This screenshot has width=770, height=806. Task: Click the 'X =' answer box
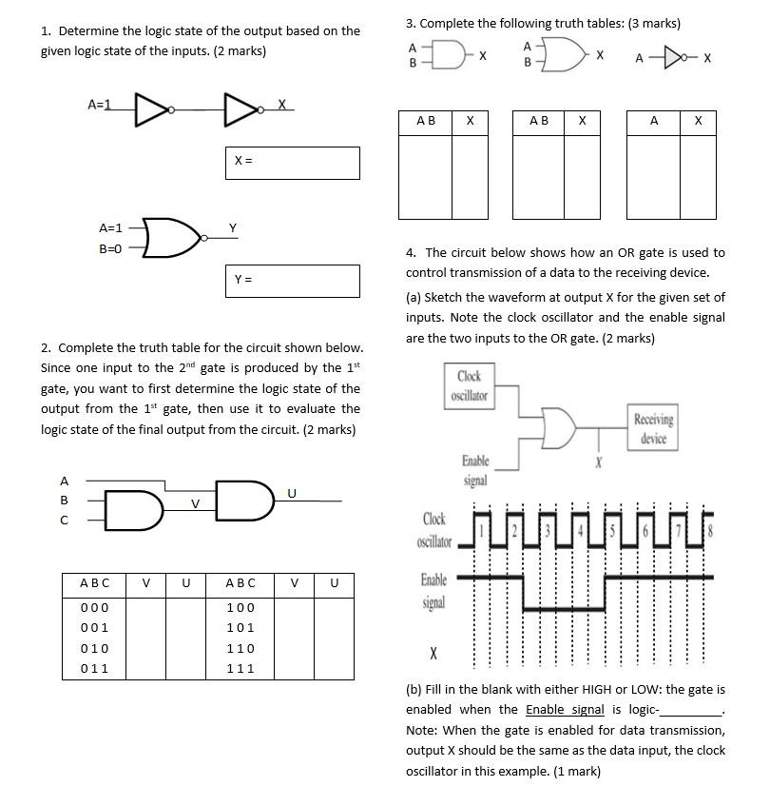(292, 163)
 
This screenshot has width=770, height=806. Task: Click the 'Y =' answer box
(292, 281)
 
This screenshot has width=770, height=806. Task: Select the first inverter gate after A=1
(153, 109)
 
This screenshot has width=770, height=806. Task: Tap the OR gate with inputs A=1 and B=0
(171, 238)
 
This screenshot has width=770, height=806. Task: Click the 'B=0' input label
(111, 248)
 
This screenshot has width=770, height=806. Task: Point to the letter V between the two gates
(195, 502)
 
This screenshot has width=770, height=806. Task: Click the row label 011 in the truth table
(94, 669)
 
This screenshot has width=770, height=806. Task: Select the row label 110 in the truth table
(241, 648)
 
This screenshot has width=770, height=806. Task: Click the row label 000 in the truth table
(94, 607)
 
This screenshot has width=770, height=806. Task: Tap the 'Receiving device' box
(652, 427)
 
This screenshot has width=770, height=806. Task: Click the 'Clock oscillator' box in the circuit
(469, 385)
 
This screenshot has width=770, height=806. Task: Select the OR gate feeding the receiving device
(558, 426)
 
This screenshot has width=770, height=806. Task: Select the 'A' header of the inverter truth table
(654, 121)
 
